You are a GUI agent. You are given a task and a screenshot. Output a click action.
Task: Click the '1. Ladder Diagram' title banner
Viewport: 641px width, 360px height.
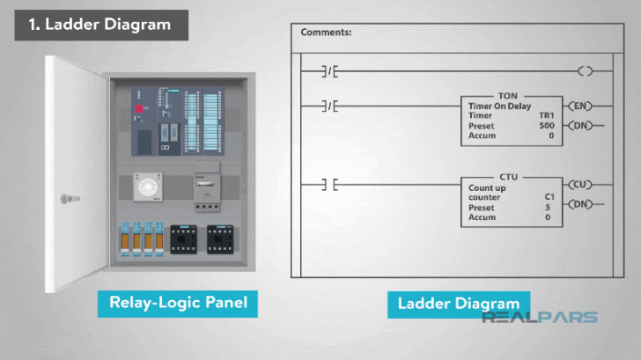pyautogui.click(x=101, y=24)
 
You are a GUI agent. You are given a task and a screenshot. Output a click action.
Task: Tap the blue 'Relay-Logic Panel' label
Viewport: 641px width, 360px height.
pyautogui.click(x=178, y=305)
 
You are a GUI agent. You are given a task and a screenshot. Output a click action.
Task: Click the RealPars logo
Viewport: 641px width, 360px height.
pyautogui.click(x=539, y=318)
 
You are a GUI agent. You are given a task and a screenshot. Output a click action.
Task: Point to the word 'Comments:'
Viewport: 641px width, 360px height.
pyautogui.click(x=326, y=33)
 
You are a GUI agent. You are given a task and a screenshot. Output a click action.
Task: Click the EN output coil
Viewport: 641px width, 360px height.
pyautogui.click(x=579, y=106)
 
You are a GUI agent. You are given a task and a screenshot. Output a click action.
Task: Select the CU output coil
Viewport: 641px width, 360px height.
pyautogui.click(x=579, y=185)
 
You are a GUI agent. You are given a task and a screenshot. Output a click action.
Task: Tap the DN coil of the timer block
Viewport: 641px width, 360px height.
pyautogui.click(x=579, y=126)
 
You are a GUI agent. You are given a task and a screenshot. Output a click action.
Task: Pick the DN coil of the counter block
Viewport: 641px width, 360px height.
pyautogui.click(x=579, y=205)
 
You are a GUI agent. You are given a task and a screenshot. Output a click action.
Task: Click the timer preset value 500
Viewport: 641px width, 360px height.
pyautogui.click(x=546, y=126)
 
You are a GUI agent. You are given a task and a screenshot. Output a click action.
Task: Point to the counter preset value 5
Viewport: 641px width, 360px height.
pyautogui.click(x=549, y=208)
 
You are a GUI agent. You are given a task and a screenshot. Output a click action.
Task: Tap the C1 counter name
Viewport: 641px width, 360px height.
pyautogui.click(x=549, y=197)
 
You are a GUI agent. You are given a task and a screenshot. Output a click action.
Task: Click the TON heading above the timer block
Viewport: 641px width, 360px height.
pyautogui.click(x=508, y=95)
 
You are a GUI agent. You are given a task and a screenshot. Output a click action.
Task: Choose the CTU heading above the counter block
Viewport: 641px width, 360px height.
pyautogui.click(x=509, y=176)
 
